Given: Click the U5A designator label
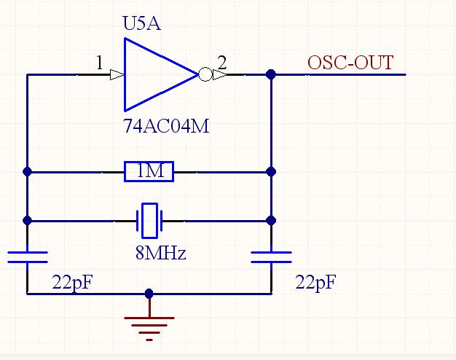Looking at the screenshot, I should [141, 26].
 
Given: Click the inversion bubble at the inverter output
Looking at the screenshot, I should [205, 74].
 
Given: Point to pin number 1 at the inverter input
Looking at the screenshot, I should [99, 63].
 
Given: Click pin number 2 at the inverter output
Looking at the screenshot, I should [222, 63].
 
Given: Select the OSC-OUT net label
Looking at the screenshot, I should [350, 63].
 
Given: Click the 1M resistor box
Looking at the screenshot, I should [149, 172].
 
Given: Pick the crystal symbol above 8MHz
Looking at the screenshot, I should [149, 219].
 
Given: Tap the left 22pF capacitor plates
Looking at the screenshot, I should [27, 257].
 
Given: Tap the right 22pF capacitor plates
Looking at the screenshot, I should [271, 257].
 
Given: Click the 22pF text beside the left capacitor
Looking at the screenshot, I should [72, 282].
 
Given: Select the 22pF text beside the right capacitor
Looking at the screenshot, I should [315, 282].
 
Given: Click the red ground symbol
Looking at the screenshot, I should [149, 325].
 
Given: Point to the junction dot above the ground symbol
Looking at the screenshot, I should [149, 294].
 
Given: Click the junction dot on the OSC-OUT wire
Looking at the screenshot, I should [271, 74].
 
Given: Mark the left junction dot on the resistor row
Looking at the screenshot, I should [27, 172].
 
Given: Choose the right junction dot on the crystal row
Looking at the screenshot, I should [271, 219].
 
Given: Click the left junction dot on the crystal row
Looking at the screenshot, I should [27, 219].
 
